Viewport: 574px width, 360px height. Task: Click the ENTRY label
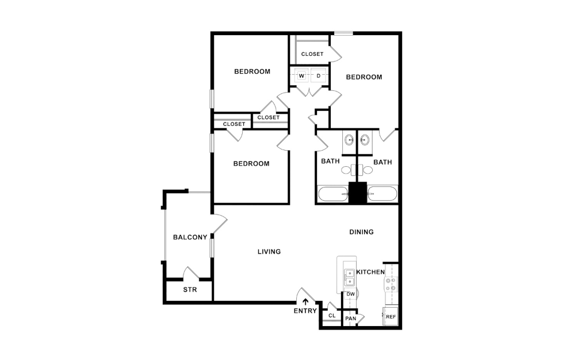tap(305, 311)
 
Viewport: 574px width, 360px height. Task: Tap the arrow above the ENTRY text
tap(305, 301)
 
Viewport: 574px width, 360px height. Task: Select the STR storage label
tap(190, 290)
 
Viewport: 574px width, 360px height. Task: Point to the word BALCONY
tap(190, 237)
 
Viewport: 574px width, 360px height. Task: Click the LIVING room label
tap(269, 251)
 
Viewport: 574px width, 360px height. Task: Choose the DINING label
tap(362, 232)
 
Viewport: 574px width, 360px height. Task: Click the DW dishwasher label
tap(350, 294)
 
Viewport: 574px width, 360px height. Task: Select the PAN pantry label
tap(350, 318)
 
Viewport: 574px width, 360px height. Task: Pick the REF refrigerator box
tap(391, 316)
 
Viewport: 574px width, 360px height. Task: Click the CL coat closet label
tap(332, 316)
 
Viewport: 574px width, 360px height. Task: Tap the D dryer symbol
tap(318, 76)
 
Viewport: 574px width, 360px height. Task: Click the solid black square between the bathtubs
tap(357, 193)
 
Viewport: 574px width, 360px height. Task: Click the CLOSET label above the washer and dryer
tap(312, 54)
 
